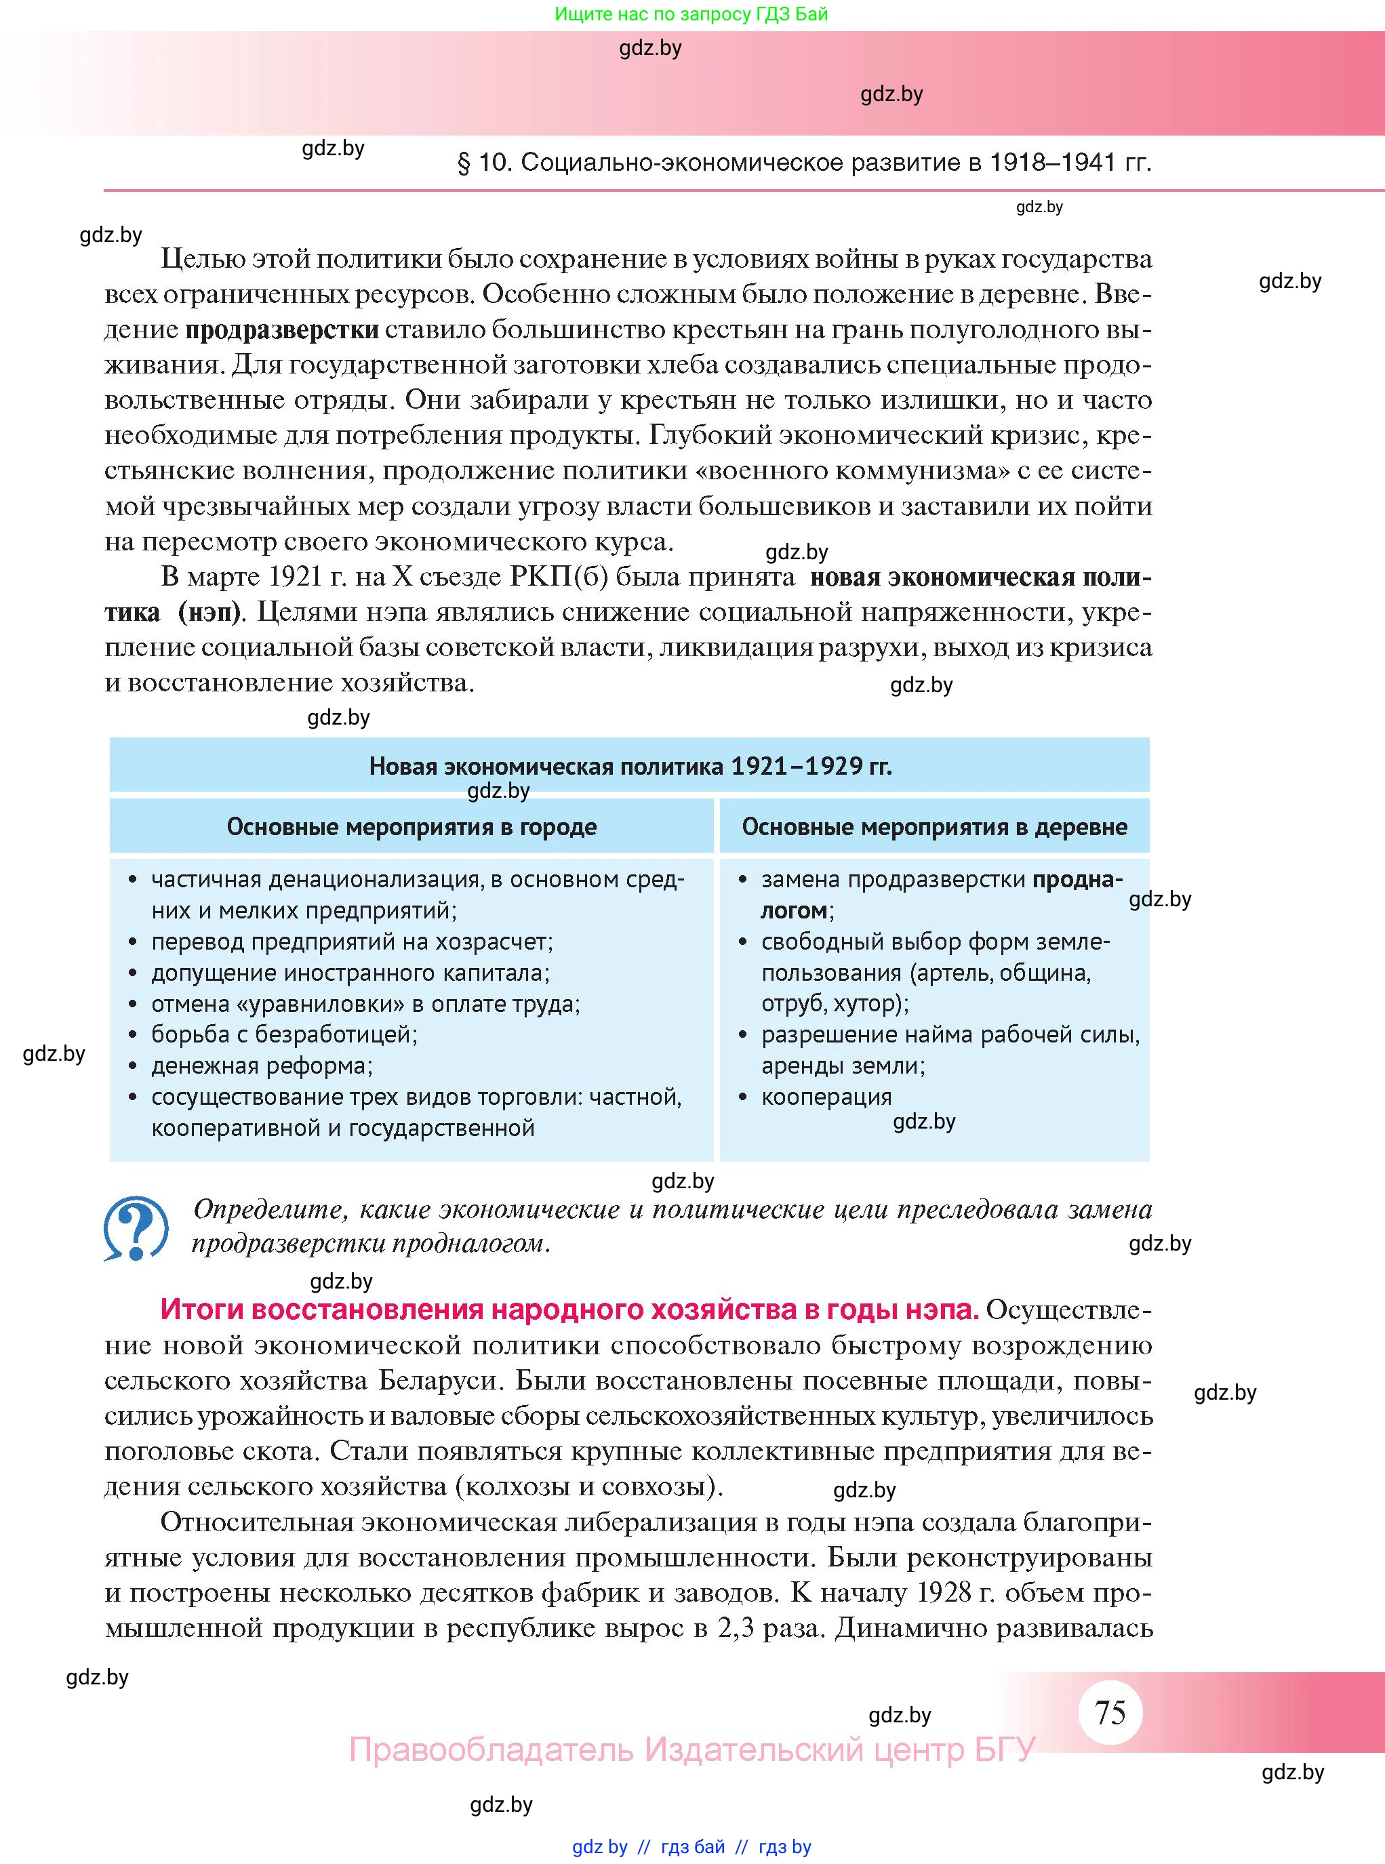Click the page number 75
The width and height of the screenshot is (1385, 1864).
(1110, 1712)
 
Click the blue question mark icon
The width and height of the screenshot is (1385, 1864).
(136, 1228)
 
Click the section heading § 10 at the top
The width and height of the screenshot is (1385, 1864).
(804, 162)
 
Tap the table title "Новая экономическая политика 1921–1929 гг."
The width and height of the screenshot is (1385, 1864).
(630, 765)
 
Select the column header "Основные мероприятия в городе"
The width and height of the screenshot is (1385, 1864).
(412, 826)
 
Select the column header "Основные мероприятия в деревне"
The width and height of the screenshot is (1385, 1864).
(934, 826)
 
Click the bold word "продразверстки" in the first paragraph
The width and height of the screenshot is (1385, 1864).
(282, 329)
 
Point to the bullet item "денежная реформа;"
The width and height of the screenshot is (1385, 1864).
(262, 1066)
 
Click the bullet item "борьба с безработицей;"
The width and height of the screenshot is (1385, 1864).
(283, 1034)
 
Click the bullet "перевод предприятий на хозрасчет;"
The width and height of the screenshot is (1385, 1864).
(352, 941)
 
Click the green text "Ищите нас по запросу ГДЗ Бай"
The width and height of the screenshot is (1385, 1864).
(691, 14)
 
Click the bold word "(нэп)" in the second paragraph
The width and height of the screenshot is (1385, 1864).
(209, 612)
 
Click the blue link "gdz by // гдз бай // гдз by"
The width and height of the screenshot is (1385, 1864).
(691, 1846)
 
